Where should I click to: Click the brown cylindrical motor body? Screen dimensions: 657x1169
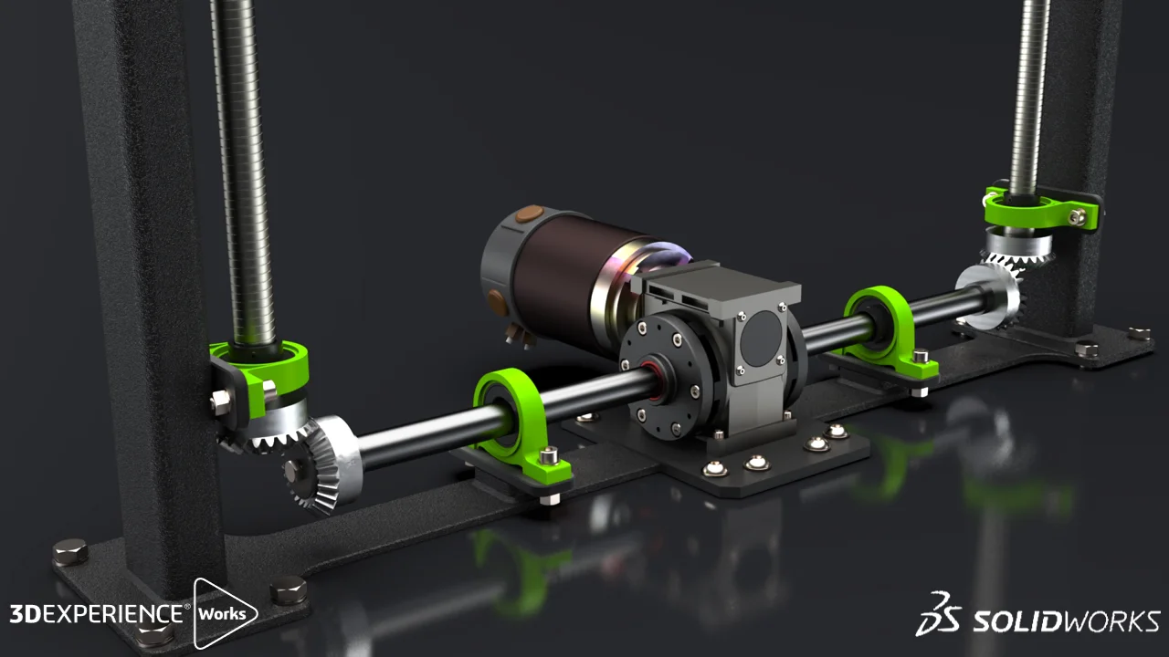(557, 274)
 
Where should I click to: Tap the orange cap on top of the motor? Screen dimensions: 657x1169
(528, 215)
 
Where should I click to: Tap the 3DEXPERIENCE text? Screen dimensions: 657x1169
(96, 613)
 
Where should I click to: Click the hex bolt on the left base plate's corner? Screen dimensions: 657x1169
(70, 552)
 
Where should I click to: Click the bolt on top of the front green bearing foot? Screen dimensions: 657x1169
(549, 454)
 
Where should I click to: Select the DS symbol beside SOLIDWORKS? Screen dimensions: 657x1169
(939, 614)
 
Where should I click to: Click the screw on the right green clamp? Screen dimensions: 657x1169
(1078, 217)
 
